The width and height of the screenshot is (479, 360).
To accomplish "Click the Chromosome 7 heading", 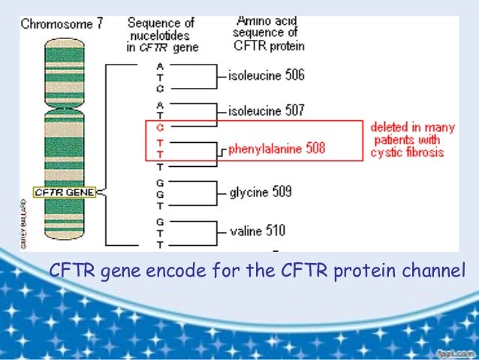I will (62, 23).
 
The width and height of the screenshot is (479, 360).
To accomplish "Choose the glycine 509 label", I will (261, 192).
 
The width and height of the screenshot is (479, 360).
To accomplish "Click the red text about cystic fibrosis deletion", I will (412, 140).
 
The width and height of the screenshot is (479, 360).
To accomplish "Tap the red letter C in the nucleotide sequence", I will (159, 128).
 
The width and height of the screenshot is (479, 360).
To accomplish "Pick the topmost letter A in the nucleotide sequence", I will (159, 65).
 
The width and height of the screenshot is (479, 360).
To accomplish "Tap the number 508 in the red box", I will (315, 149).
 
